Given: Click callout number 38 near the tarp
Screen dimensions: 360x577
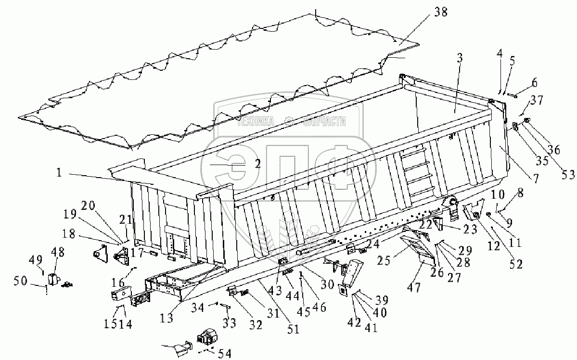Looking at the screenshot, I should coord(440,13).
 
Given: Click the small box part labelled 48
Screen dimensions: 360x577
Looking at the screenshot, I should coord(53,279).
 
